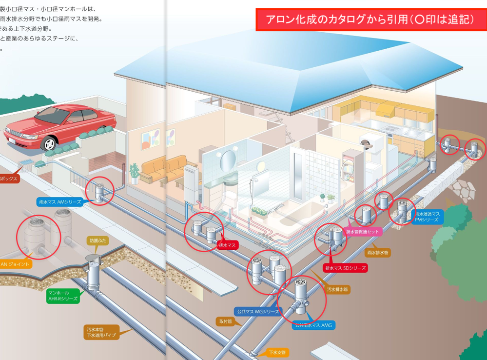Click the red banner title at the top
click(370, 20)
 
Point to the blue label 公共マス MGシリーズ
click(257, 311)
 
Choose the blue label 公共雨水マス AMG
click(314, 325)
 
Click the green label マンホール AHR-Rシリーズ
click(63, 296)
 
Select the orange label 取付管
click(225, 321)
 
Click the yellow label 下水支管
click(278, 352)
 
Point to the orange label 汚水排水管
click(338, 289)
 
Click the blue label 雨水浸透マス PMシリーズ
click(428, 217)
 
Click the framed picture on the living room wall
click(150, 139)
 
